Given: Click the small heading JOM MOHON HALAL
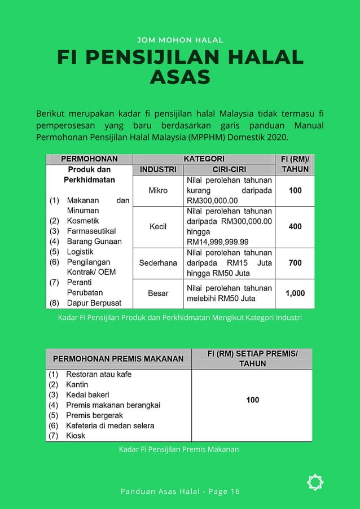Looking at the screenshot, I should coord(180,40).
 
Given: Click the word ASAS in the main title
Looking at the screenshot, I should coord(180,77).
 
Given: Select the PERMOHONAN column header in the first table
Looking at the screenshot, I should coord(89,159).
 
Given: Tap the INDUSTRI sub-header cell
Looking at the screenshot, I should coord(158,169).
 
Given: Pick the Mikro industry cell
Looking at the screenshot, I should coord(158,191).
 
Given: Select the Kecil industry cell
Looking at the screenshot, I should coord(158,227).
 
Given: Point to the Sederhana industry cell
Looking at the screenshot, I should coord(158,263).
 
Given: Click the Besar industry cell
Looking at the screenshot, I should coord(158,293).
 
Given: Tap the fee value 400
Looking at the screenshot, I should coord(295,227).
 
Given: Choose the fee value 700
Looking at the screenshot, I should coord(295,263).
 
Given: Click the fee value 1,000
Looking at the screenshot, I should coord(295,293).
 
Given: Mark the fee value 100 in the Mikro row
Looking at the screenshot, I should coord(295,191).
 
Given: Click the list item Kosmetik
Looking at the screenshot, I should coord(83,221).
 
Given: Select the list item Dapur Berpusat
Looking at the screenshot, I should coord(94,303).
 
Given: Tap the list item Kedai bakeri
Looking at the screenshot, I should coord(87,394).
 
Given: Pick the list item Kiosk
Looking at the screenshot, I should coord(76,436).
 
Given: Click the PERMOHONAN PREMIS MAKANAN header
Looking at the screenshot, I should coord(118,359).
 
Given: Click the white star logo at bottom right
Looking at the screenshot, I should coord(315,482).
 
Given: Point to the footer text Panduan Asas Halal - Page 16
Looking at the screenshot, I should coord(180,492).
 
